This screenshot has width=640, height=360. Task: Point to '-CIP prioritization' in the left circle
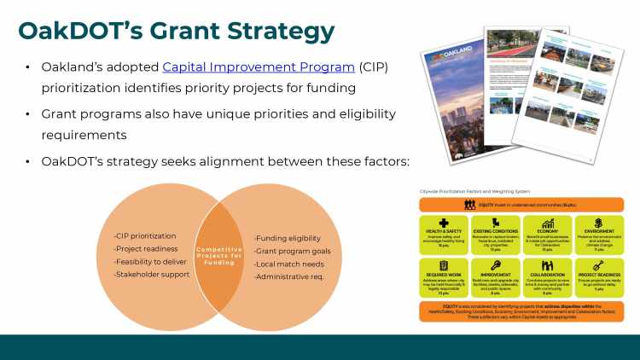(x=145, y=235)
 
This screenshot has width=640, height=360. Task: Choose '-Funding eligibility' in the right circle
(x=288, y=238)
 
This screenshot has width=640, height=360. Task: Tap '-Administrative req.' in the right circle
(x=289, y=276)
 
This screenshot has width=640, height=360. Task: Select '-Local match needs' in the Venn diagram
(x=288, y=264)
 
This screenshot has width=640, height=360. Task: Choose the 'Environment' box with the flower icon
(x=598, y=233)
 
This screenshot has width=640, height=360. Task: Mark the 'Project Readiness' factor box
(x=598, y=278)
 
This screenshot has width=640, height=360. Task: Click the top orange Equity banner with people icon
(x=521, y=205)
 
